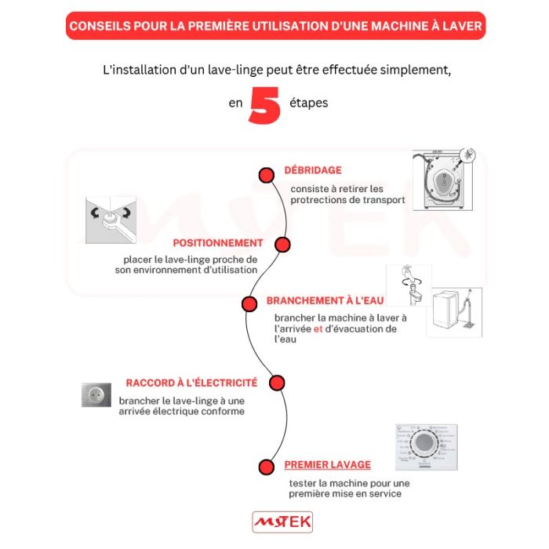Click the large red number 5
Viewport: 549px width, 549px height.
264,105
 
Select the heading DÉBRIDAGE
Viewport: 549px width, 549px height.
313,170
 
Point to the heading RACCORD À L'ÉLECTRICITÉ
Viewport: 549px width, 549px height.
191,383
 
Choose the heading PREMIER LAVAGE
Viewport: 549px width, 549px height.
327,464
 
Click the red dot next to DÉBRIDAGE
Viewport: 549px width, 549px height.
267,175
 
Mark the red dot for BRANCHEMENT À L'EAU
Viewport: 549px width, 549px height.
249,304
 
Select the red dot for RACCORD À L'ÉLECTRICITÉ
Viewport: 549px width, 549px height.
276,383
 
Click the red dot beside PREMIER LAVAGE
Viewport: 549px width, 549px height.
267,465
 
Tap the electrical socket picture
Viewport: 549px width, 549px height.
96,394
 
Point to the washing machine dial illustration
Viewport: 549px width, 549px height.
424,449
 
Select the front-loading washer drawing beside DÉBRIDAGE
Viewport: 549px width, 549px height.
445,180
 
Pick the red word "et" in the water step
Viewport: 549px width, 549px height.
318,329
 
